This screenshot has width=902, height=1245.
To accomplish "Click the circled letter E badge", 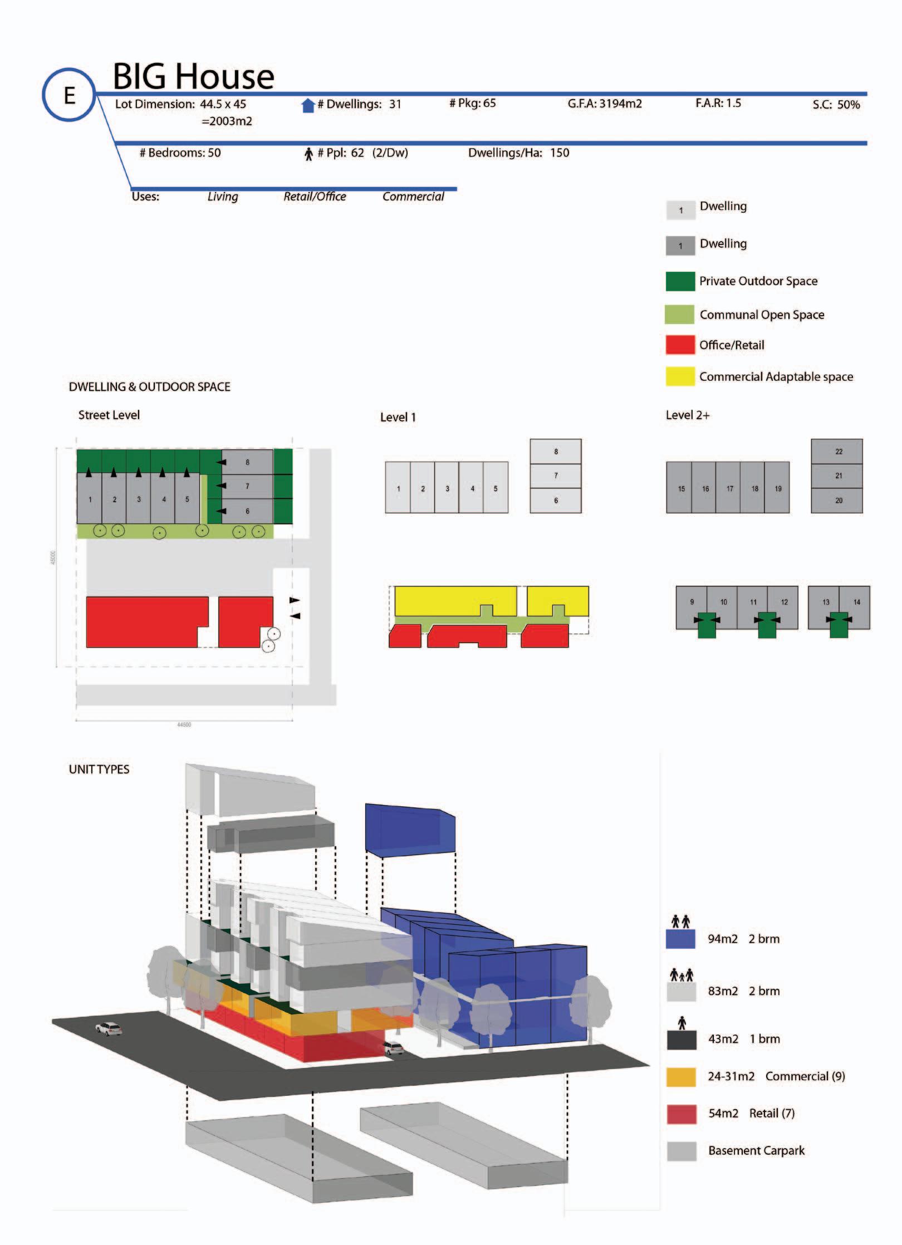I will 69,95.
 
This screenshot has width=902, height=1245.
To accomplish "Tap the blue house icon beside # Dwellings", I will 308,105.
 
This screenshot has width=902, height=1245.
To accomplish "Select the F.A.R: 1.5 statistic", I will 718,103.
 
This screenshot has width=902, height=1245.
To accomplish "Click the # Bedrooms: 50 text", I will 180,153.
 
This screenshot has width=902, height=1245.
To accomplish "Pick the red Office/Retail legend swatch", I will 680,345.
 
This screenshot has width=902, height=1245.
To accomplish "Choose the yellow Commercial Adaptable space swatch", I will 680,376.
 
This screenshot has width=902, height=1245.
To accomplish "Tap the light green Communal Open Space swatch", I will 679,315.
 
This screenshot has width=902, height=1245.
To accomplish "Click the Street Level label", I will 109,415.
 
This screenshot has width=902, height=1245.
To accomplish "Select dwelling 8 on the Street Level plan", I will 247,462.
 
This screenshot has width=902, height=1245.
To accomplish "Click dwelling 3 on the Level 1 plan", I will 447,488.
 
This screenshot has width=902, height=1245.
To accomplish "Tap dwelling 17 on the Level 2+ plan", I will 729,488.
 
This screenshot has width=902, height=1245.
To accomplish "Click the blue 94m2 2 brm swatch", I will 680,939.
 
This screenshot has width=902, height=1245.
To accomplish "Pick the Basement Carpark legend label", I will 756,1150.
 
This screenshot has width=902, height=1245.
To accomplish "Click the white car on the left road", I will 109,1028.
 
